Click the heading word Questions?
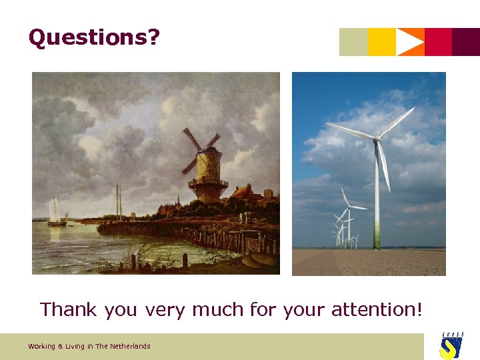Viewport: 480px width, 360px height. pyautogui.click(x=94, y=38)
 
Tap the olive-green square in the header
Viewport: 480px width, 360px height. pyautogui.click(x=353, y=42)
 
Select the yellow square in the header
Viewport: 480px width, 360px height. pyautogui.click(x=382, y=42)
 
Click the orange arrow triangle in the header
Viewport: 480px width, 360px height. pyautogui.click(x=409, y=42)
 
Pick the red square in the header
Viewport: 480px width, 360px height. pyautogui.click(x=438, y=42)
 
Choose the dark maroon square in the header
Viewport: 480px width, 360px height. pyautogui.click(x=466, y=42)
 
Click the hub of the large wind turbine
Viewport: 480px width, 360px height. pyautogui.click(x=377, y=139)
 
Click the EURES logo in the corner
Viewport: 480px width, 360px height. pyautogui.click(x=451, y=345)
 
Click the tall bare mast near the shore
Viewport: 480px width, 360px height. pyautogui.click(x=118, y=200)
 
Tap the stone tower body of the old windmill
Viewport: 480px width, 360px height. pyautogui.click(x=207, y=170)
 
